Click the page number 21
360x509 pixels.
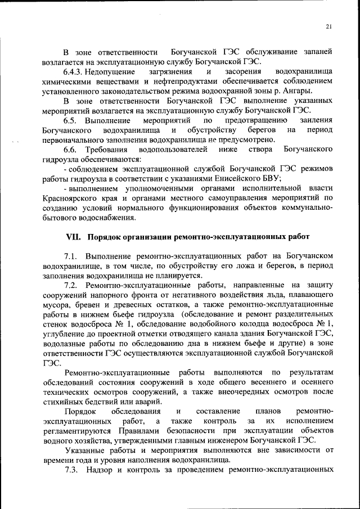tap(328, 27)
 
